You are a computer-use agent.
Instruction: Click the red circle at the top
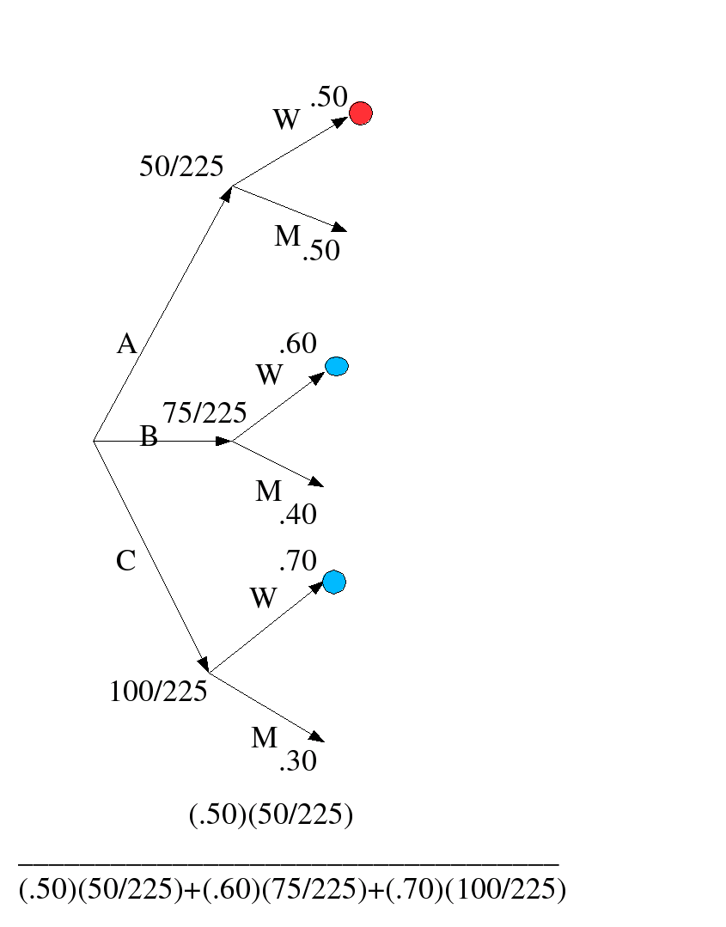pos(361,113)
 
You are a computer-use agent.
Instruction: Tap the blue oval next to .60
pos(337,367)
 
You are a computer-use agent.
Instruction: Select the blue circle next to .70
pos(334,582)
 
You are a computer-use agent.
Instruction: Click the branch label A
pos(126,345)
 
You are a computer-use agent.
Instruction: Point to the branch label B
pos(149,437)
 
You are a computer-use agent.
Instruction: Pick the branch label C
pos(125,561)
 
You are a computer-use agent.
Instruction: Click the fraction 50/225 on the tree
pos(180,167)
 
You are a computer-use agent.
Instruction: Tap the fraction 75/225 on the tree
pos(204,413)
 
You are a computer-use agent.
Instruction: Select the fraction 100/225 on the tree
pos(158,691)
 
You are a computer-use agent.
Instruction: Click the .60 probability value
pos(297,344)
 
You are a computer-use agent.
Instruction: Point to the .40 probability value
pos(297,515)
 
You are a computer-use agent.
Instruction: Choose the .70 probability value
pos(297,561)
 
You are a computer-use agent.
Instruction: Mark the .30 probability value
pos(297,760)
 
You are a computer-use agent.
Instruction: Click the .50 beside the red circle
pos(328,97)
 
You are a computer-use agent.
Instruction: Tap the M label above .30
pos(265,737)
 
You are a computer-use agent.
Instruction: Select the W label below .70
pos(264,598)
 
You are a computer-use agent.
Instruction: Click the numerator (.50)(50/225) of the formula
pos(271,814)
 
